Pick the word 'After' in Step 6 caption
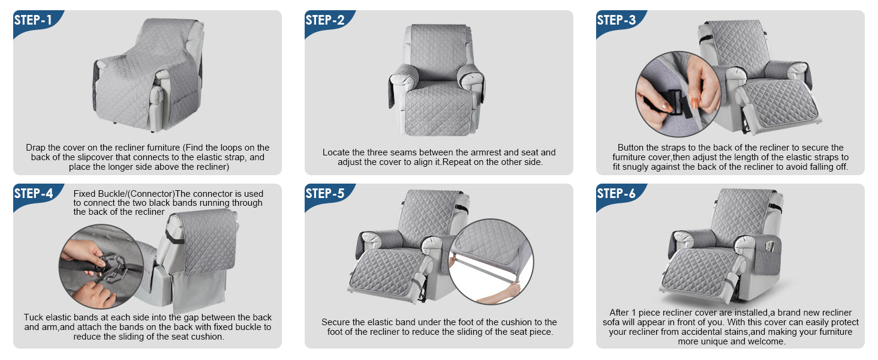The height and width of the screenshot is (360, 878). [619, 313]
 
